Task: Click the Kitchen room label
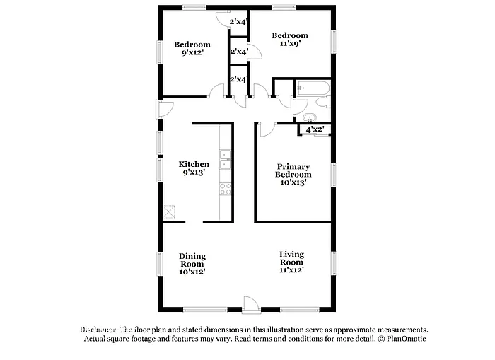193,164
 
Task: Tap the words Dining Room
192,260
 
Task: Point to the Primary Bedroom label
293,170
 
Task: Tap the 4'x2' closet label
315,129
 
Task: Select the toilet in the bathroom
322,103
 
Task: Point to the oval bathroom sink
309,117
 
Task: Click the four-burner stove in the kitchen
226,189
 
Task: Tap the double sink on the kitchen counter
226,160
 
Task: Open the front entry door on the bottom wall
250,304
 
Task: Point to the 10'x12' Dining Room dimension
192,271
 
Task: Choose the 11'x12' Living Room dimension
293,269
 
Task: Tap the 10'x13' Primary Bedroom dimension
293,182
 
